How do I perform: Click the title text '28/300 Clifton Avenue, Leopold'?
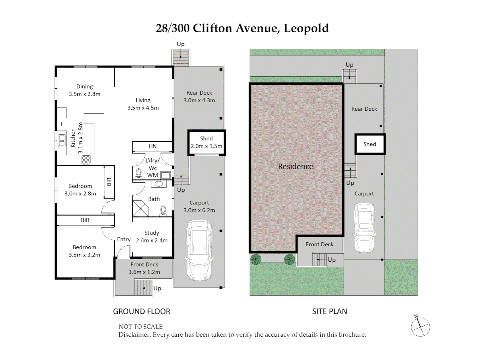[x=242, y=28]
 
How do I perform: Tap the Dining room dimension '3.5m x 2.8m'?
[x=84, y=94]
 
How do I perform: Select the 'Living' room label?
[x=143, y=100]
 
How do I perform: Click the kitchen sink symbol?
[x=62, y=141]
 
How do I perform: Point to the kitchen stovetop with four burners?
[x=86, y=160]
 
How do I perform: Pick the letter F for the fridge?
[x=62, y=124]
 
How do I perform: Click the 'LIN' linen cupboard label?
[x=152, y=146]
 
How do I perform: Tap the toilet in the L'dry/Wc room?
[x=138, y=173]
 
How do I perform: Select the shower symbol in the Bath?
[x=140, y=208]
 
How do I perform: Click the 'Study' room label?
[x=151, y=233]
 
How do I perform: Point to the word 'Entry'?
[x=124, y=239]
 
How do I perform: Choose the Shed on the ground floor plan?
[x=206, y=142]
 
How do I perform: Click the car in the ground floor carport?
[x=199, y=250]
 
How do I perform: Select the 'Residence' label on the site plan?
[x=296, y=167]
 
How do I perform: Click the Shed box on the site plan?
[x=370, y=144]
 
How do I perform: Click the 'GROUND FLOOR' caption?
[x=141, y=311]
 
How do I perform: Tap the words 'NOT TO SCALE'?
[x=140, y=327]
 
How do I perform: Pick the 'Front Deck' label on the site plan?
[x=319, y=244]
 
